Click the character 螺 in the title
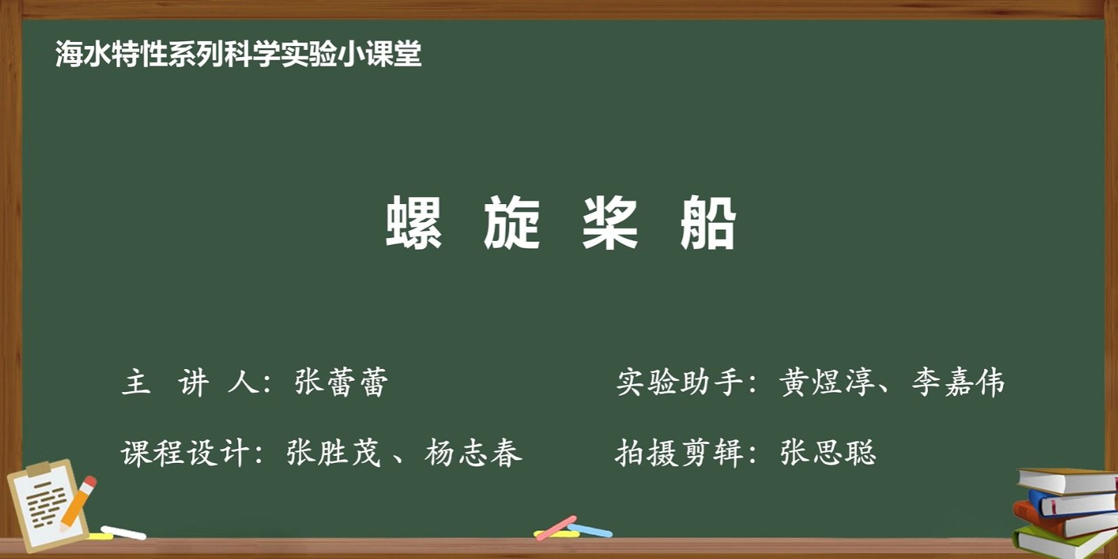(x=414, y=222)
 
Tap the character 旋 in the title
(x=512, y=222)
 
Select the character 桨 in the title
(x=610, y=222)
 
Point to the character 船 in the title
(x=708, y=222)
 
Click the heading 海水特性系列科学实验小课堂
(x=239, y=54)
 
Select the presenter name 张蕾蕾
(x=341, y=382)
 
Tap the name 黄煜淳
(x=826, y=382)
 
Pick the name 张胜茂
(x=333, y=452)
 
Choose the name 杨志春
(x=473, y=452)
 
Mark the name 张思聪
(x=828, y=452)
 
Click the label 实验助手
(x=679, y=382)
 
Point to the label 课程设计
(x=184, y=452)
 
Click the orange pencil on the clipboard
(x=79, y=503)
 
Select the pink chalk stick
(x=556, y=528)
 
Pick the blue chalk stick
(x=590, y=530)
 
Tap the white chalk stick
(x=123, y=533)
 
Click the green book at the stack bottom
(x=1066, y=543)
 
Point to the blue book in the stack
(x=1073, y=503)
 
